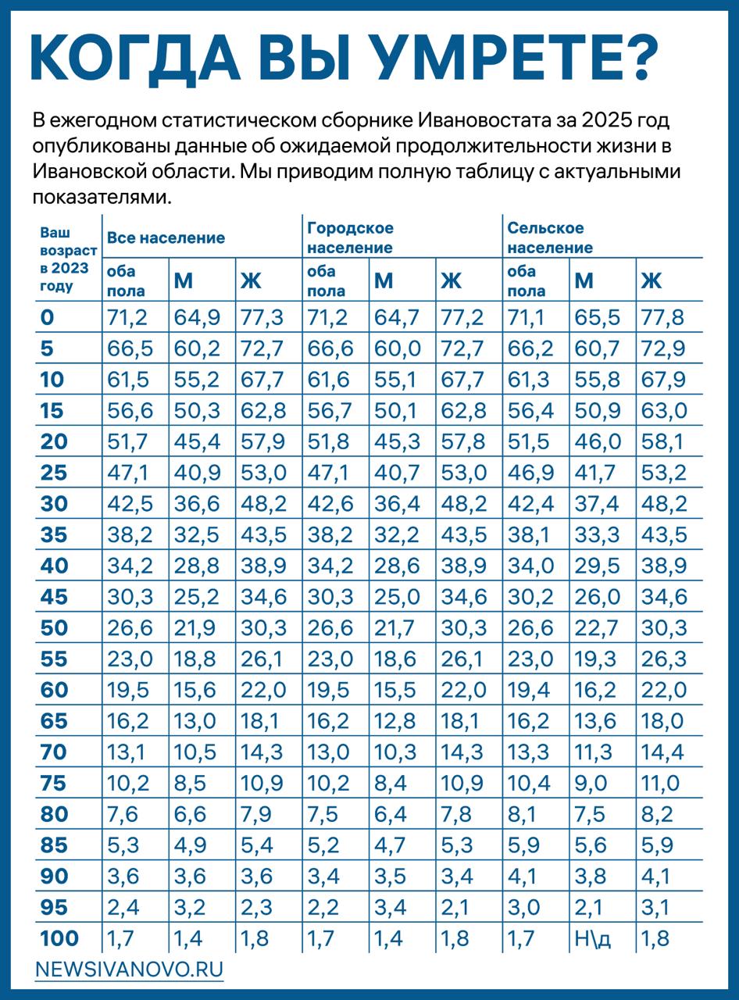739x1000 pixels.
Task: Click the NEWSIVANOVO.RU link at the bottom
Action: (x=130, y=970)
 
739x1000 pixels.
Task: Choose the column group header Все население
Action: (x=166, y=237)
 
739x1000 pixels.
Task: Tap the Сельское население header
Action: (x=550, y=237)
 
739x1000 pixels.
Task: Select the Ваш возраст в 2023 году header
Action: (x=69, y=259)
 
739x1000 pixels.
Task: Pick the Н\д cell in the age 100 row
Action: (x=592, y=938)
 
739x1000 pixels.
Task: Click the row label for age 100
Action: (x=59, y=938)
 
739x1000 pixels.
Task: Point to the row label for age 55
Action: (x=54, y=659)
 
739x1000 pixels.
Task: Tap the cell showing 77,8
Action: (x=663, y=318)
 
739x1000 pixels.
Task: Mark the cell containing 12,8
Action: (x=394, y=721)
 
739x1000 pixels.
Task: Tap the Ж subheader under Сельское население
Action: (x=652, y=280)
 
